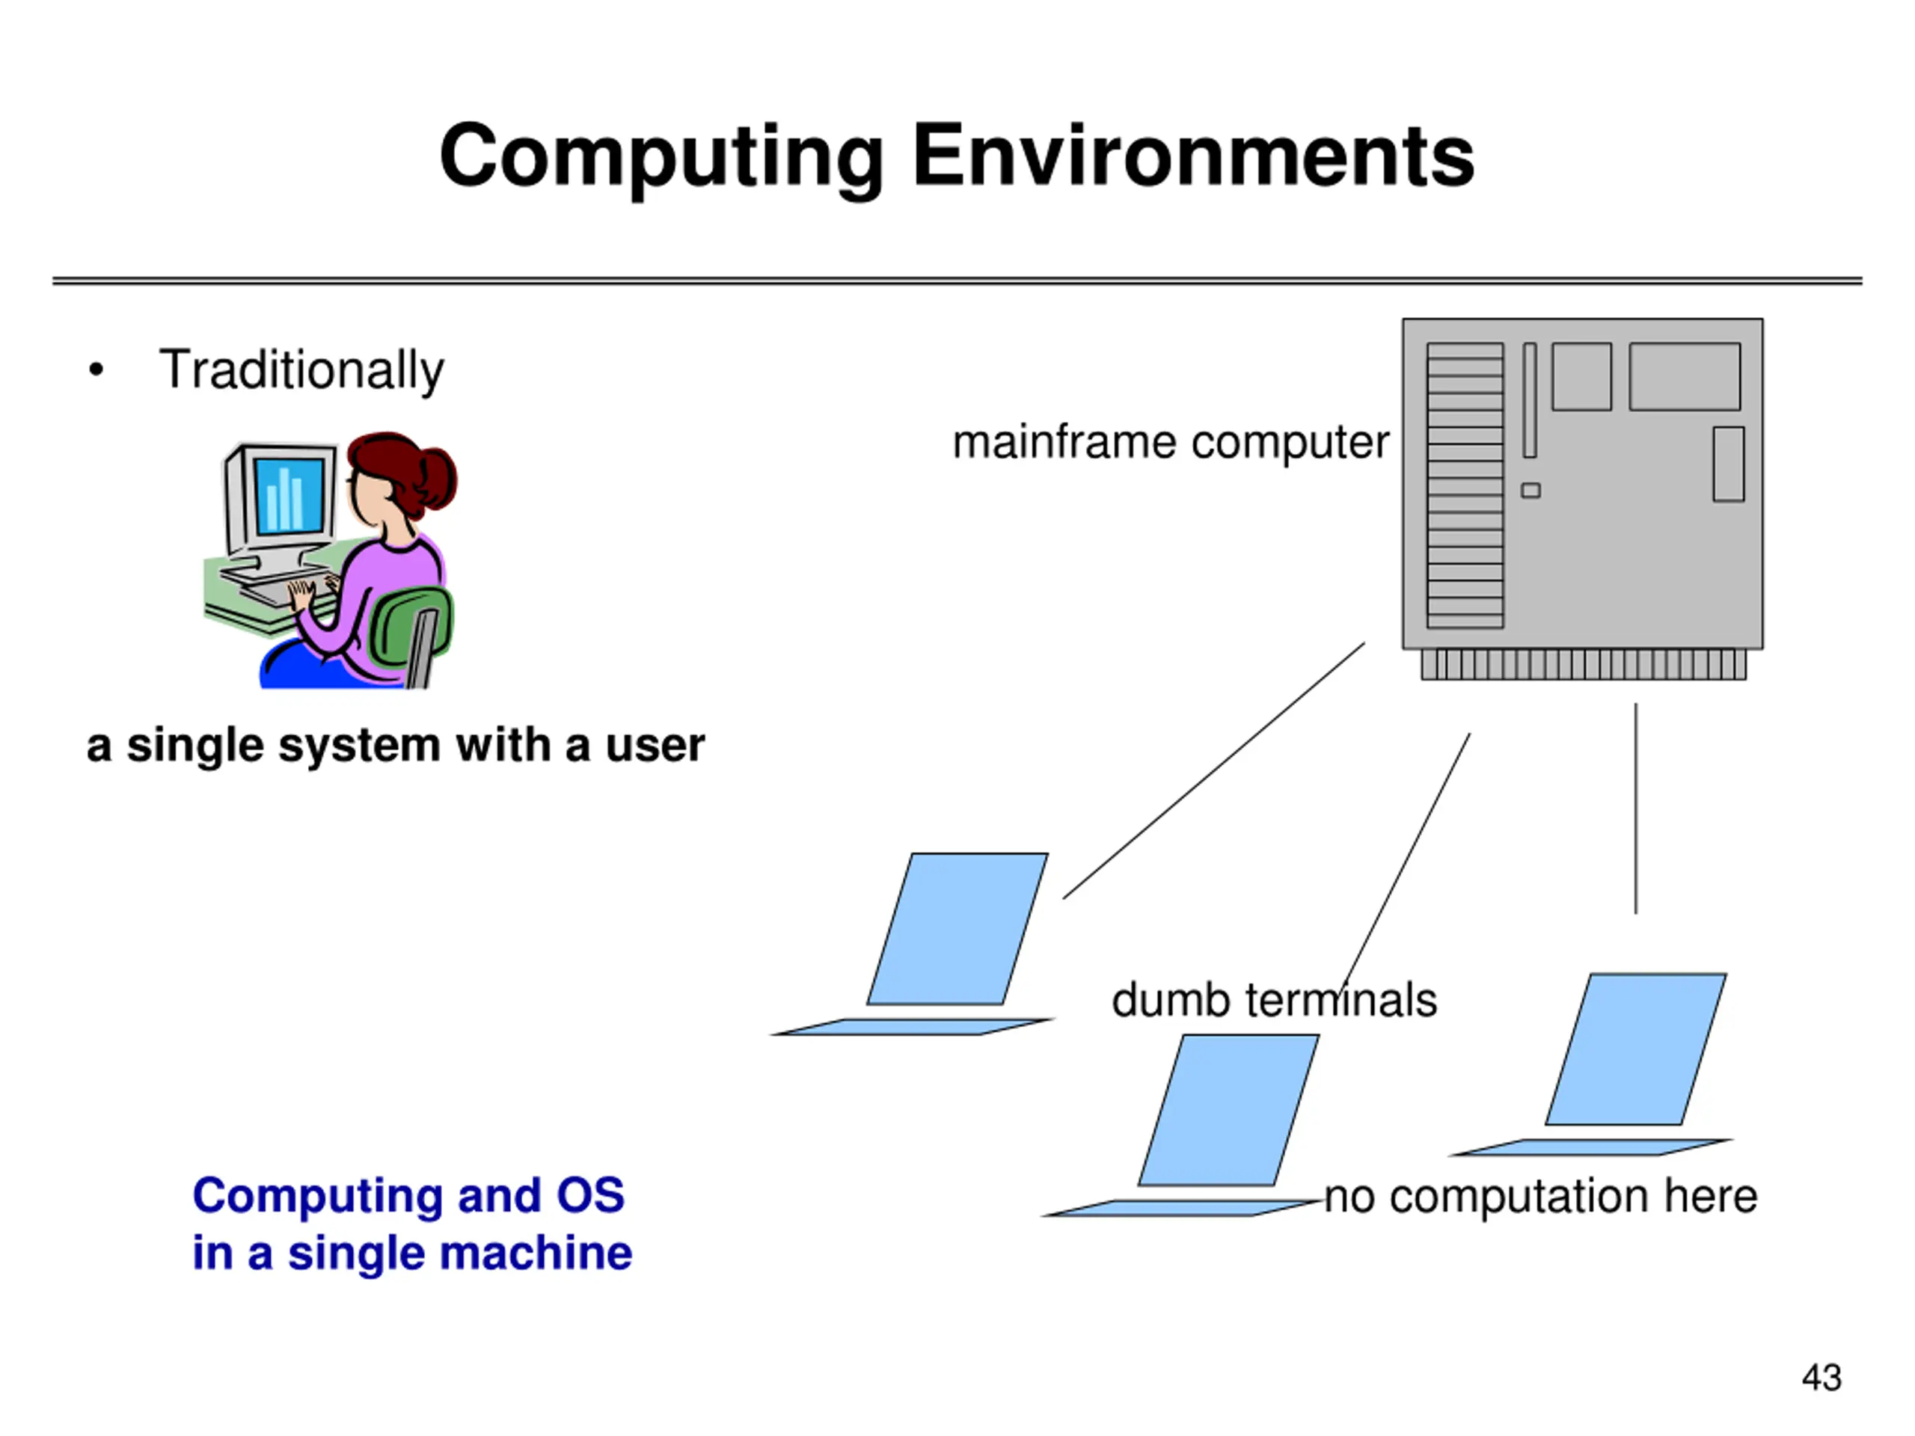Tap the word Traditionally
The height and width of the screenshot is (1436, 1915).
(301, 369)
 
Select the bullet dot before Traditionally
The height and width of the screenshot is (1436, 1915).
(96, 369)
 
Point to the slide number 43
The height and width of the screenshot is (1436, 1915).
(1821, 1377)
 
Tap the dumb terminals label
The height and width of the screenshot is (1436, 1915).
(1273, 1001)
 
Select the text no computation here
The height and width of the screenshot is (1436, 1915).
(1541, 1197)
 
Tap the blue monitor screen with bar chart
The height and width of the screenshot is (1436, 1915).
(289, 495)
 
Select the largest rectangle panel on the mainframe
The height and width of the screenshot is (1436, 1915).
(1684, 376)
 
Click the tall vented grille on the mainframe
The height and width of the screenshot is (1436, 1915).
(1465, 485)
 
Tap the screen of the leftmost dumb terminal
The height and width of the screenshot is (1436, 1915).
(957, 929)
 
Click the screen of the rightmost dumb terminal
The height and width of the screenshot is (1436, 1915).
(1635, 1049)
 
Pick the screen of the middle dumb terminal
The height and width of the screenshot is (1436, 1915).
(1228, 1110)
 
